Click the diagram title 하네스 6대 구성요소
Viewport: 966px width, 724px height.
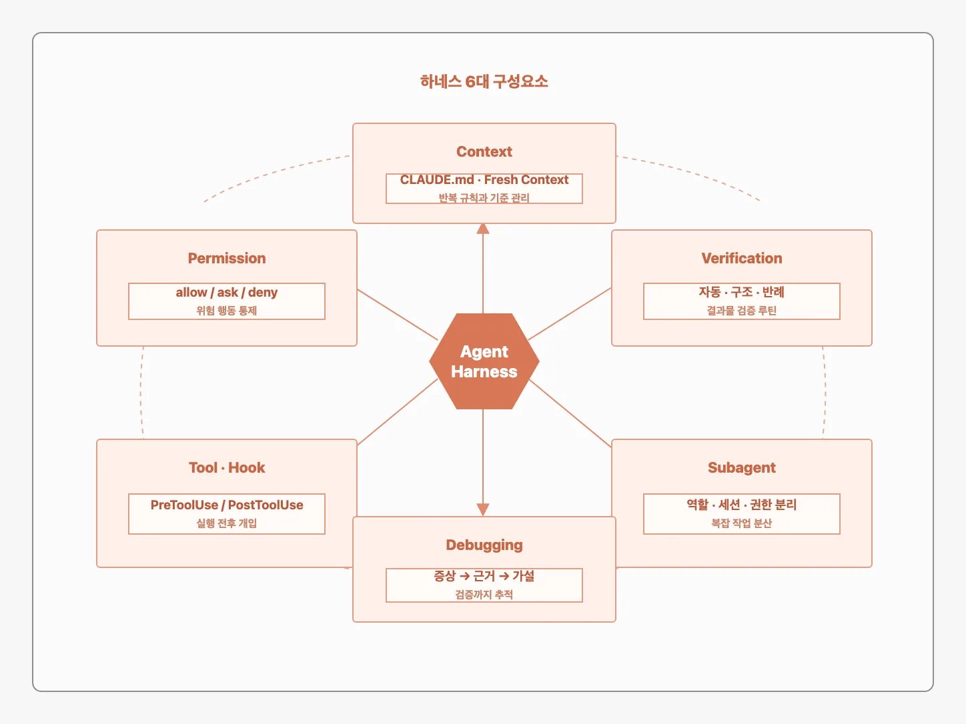484,82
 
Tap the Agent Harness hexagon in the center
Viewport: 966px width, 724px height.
484,361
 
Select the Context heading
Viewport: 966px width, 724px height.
484,151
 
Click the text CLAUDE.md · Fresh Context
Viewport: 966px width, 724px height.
484,180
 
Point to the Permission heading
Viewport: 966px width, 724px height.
227,259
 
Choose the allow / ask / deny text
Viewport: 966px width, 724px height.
227,293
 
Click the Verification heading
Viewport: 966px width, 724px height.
742,259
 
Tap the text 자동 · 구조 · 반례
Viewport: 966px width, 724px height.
742,292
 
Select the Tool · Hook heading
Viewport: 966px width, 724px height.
227,468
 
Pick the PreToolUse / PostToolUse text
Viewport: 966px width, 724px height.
227,505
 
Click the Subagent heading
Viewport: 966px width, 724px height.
742,468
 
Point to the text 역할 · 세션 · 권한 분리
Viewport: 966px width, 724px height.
742,505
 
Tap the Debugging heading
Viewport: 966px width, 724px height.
484,545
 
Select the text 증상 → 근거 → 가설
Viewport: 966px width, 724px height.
484,576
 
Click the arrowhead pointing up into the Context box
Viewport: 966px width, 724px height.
483,229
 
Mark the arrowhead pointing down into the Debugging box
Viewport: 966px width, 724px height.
483,510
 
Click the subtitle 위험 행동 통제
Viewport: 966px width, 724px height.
227,311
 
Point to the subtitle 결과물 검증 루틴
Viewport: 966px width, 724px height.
742,311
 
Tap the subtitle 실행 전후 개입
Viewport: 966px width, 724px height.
227,523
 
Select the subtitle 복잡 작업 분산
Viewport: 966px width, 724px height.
742,523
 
